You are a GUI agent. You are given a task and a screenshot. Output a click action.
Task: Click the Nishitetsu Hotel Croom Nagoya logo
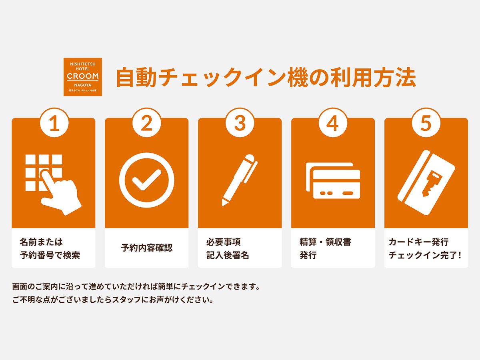pyautogui.click(x=83, y=77)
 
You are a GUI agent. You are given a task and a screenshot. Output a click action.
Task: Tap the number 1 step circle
pyautogui.click(x=54, y=123)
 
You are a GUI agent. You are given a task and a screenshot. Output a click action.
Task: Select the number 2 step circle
pyautogui.click(x=147, y=123)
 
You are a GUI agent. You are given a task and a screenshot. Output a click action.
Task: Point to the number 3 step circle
pyautogui.click(x=240, y=123)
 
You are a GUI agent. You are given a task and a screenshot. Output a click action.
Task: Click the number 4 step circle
pyautogui.click(x=333, y=123)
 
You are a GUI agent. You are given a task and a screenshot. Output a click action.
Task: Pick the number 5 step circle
pyautogui.click(x=426, y=123)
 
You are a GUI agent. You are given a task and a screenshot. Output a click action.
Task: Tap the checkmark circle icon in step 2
pyautogui.click(x=147, y=180)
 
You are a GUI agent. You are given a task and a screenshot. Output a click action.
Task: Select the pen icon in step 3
pyautogui.click(x=240, y=180)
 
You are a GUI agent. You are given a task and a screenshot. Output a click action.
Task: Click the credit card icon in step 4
pyautogui.click(x=333, y=180)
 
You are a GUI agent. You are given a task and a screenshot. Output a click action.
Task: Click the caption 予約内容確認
pyautogui.click(x=147, y=248)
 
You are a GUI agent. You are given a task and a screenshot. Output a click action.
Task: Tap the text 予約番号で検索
pyautogui.click(x=50, y=255)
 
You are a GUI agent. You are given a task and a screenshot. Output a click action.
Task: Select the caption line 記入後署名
pyautogui.click(x=228, y=255)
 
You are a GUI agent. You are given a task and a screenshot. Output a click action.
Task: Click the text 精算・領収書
pyautogui.click(x=325, y=242)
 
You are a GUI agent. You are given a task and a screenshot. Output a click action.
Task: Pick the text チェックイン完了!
pyautogui.click(x=425, y=255)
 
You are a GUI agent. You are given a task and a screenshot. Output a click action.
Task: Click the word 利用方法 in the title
pyautogui.click(x=373, y=78)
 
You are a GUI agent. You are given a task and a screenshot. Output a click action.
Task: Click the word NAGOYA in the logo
pyautogui.click(x=83, y=85)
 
